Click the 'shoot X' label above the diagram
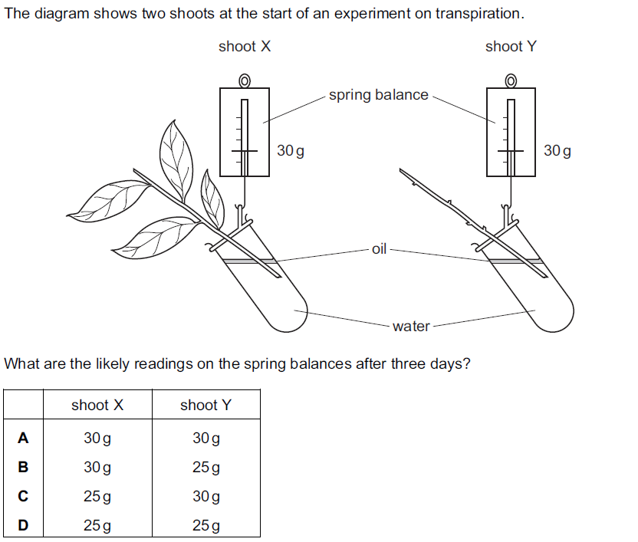(x=245, y=47)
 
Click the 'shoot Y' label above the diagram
(x=511, y=47)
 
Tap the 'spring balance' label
(x=379, y=95)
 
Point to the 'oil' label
(x=380, y=249)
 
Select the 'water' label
(x=411, y=327)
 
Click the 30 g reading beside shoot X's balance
(x=291, y=151)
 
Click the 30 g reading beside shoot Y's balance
(x=557, y=151)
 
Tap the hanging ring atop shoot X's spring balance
(x=245, y=80)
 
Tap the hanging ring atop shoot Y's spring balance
(x=511, y=80)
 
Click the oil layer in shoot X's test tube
(x=247, y=261)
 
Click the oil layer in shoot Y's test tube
(x=515, y=261)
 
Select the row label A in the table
(x=23, y=439)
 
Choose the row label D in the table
(x=23, y=526)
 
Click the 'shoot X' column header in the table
(x=97, y=405)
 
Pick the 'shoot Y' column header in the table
(x=206, y=405)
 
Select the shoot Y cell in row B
(x=206, y=468)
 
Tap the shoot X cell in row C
(x=97, y=497)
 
